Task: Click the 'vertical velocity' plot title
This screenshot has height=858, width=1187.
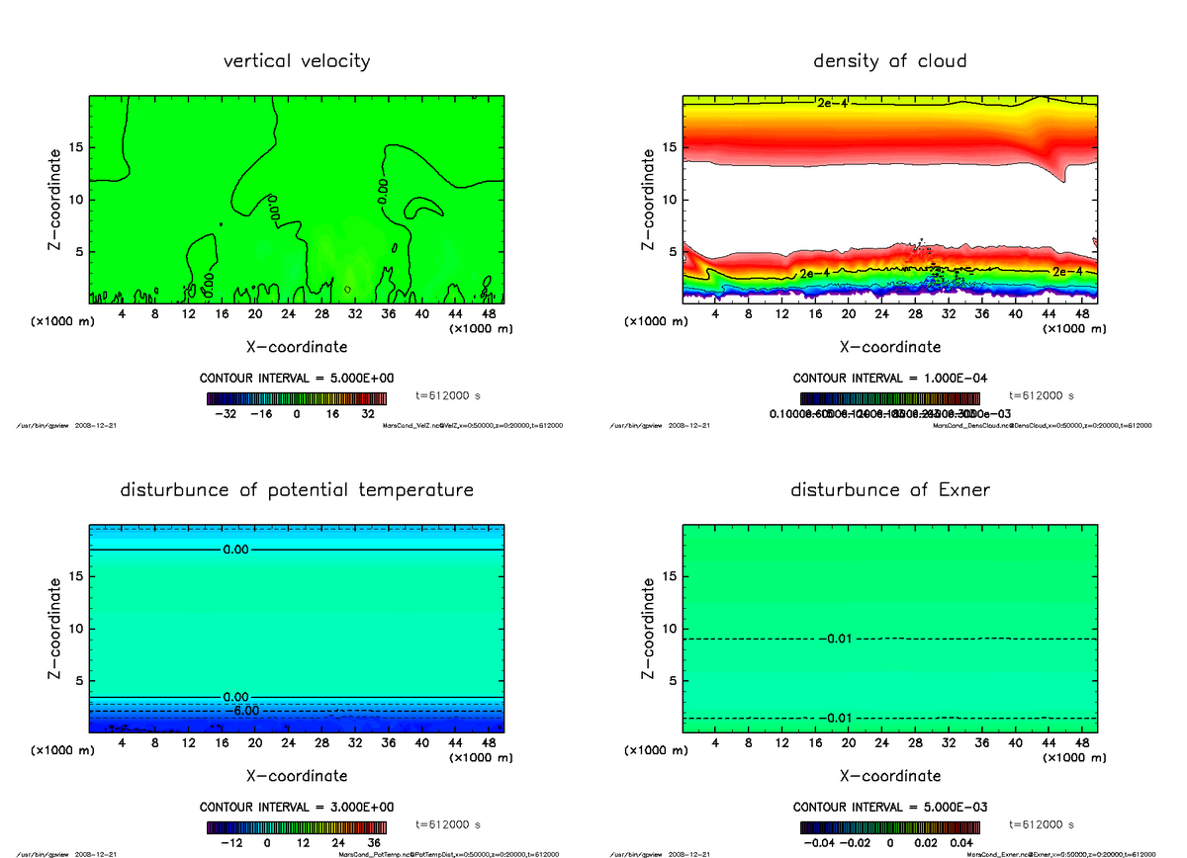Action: click(297, 61)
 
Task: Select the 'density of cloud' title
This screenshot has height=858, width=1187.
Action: click(889, 61)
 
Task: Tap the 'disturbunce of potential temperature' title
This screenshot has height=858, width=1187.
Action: click(297, 490)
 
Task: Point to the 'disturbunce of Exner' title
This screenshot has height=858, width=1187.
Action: click(889, 490)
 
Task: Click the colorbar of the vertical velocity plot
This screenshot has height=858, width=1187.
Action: click(297, 398)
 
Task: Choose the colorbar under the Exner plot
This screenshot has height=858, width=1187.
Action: click(890, 827)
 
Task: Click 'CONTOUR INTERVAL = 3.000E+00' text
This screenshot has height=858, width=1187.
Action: click(297, 807)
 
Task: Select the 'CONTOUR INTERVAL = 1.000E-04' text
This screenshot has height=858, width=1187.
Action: click(889, 378)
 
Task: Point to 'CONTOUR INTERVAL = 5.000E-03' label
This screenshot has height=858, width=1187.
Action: click(889, 807)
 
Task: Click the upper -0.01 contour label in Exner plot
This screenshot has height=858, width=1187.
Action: click(836, 640)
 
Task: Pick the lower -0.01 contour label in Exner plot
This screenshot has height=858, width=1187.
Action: click(836, 718)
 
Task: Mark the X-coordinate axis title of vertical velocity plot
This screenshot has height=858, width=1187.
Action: click(297, 347)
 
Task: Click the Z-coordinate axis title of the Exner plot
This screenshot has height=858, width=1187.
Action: click(649, 629)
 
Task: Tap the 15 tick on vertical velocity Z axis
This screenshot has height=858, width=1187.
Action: click(77, 148)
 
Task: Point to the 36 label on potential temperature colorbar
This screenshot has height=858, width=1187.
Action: click(375, 843)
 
